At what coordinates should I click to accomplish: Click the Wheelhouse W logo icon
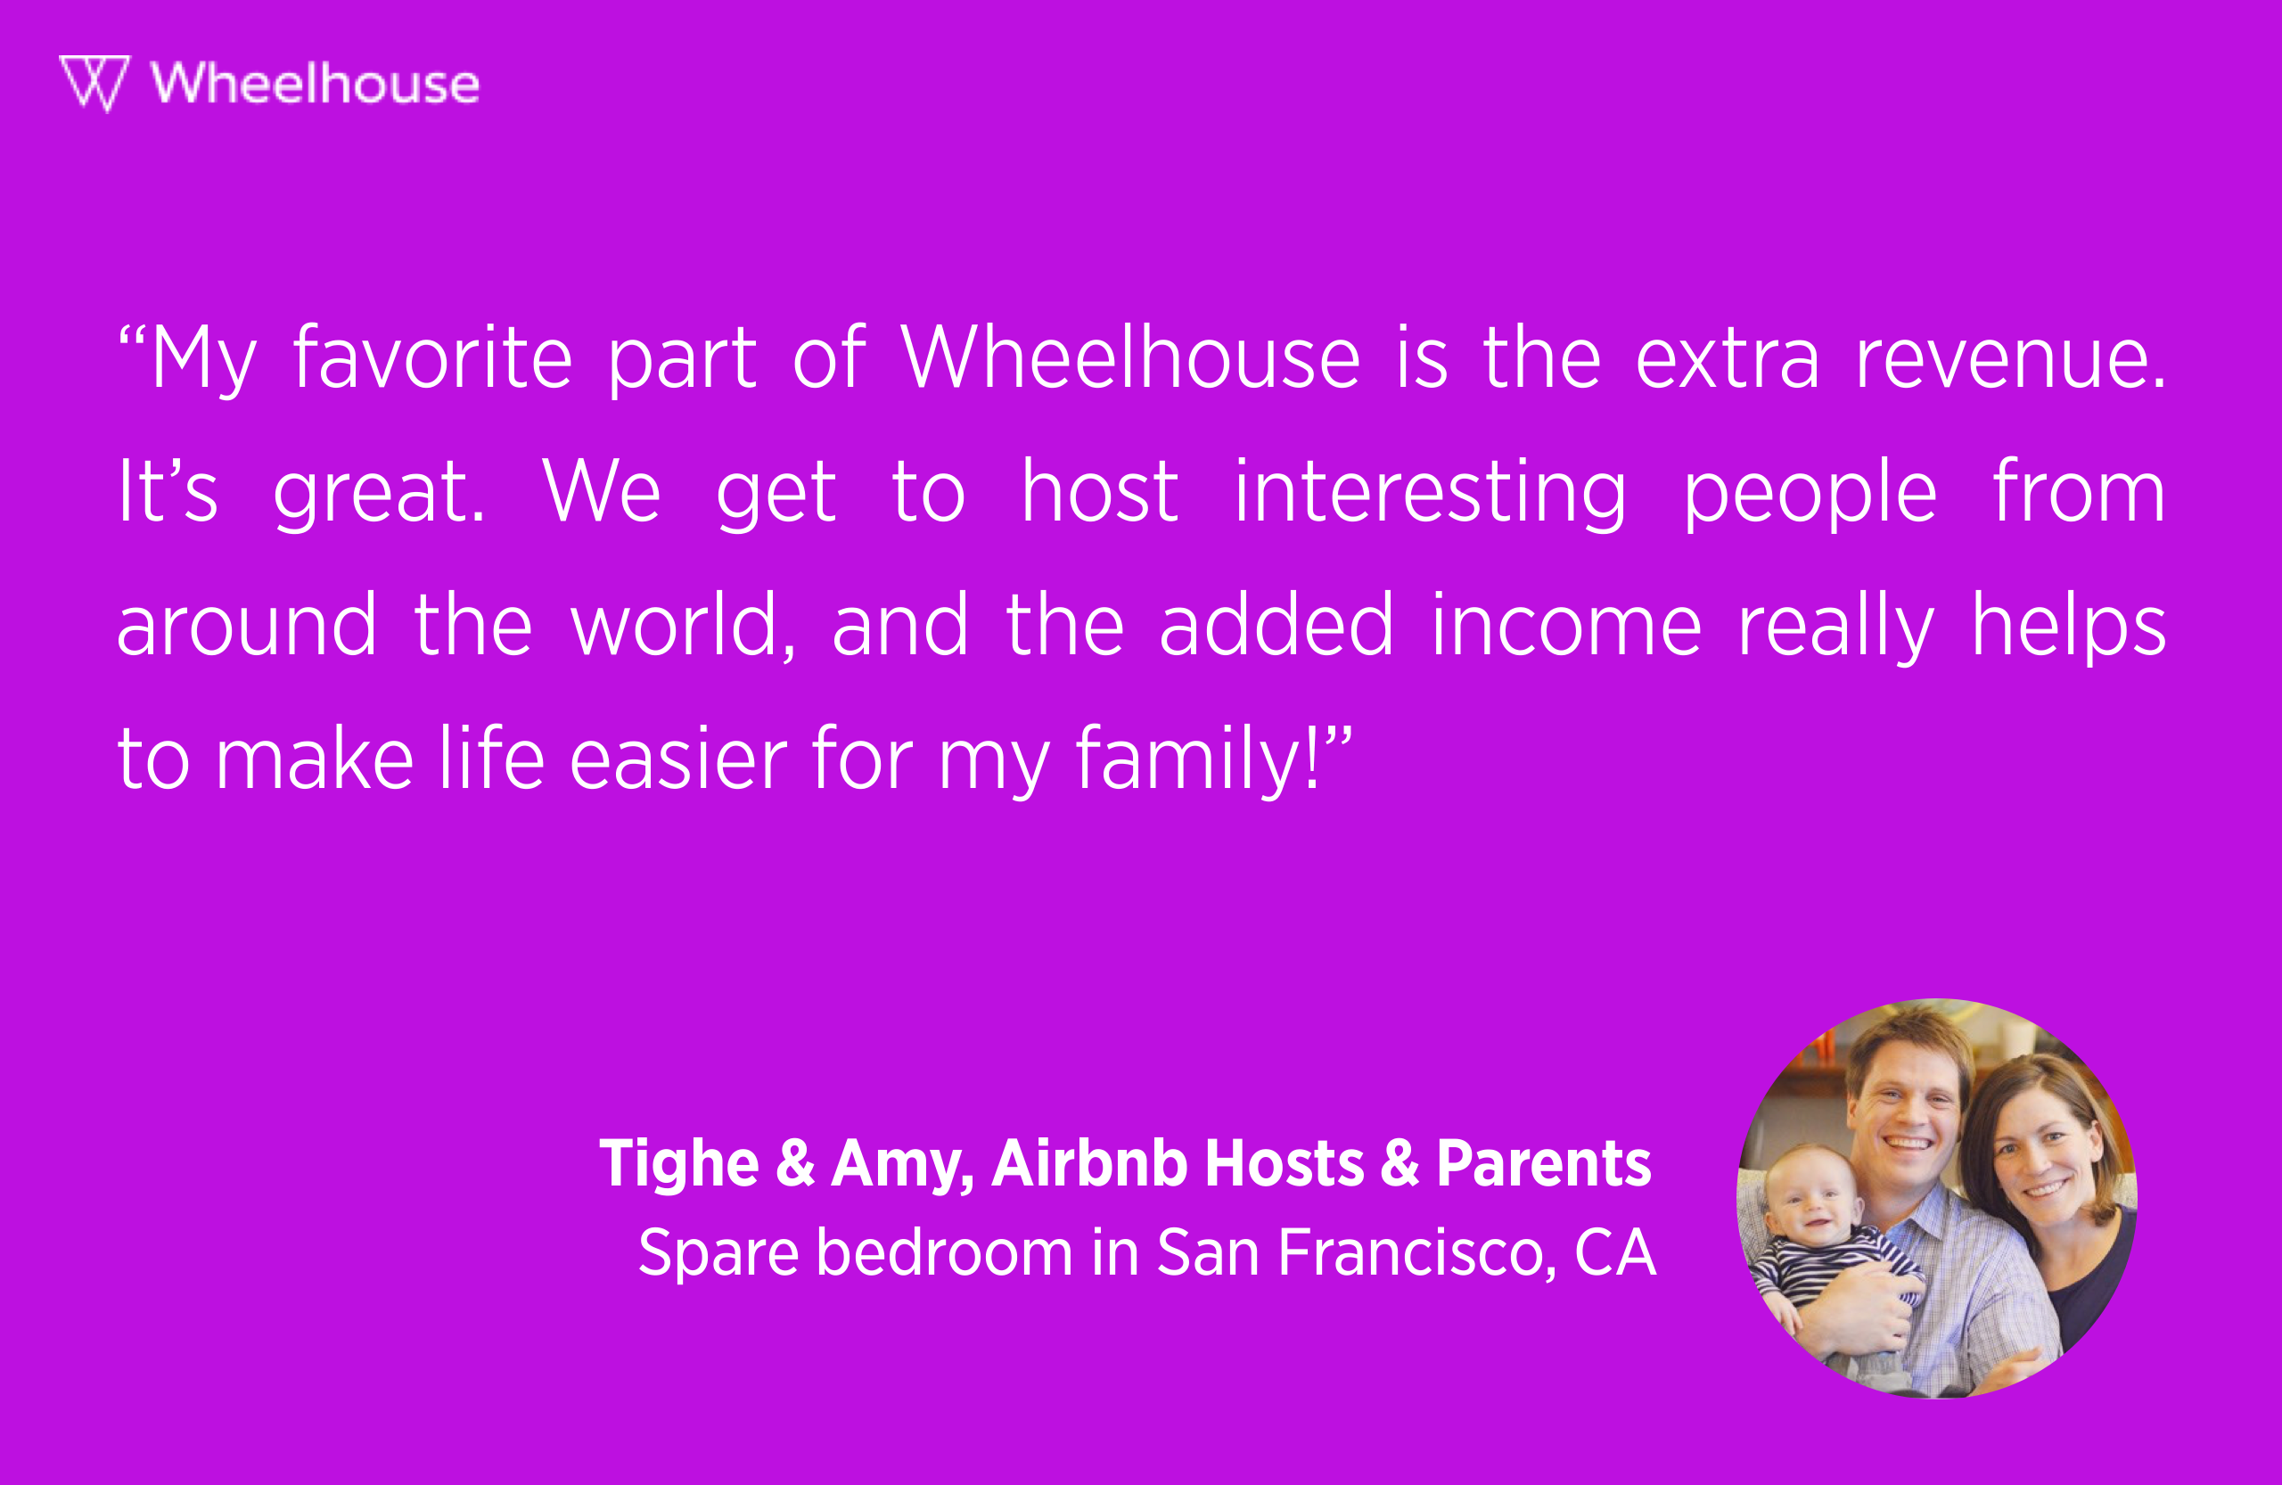click(94, 82)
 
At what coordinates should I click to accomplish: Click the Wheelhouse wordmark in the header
click(316, 84)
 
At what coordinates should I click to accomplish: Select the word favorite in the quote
click(432, 358)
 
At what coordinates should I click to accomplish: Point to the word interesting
click(1430, 493)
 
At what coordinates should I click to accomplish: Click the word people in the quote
click(1810, 493)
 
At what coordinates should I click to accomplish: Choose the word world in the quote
click(682, 626)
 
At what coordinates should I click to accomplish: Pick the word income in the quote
click(1566, 626)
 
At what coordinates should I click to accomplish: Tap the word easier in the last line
click(677, 759)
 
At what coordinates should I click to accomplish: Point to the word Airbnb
click(1089, 1164)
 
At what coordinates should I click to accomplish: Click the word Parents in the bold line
click(1544, 1164)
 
